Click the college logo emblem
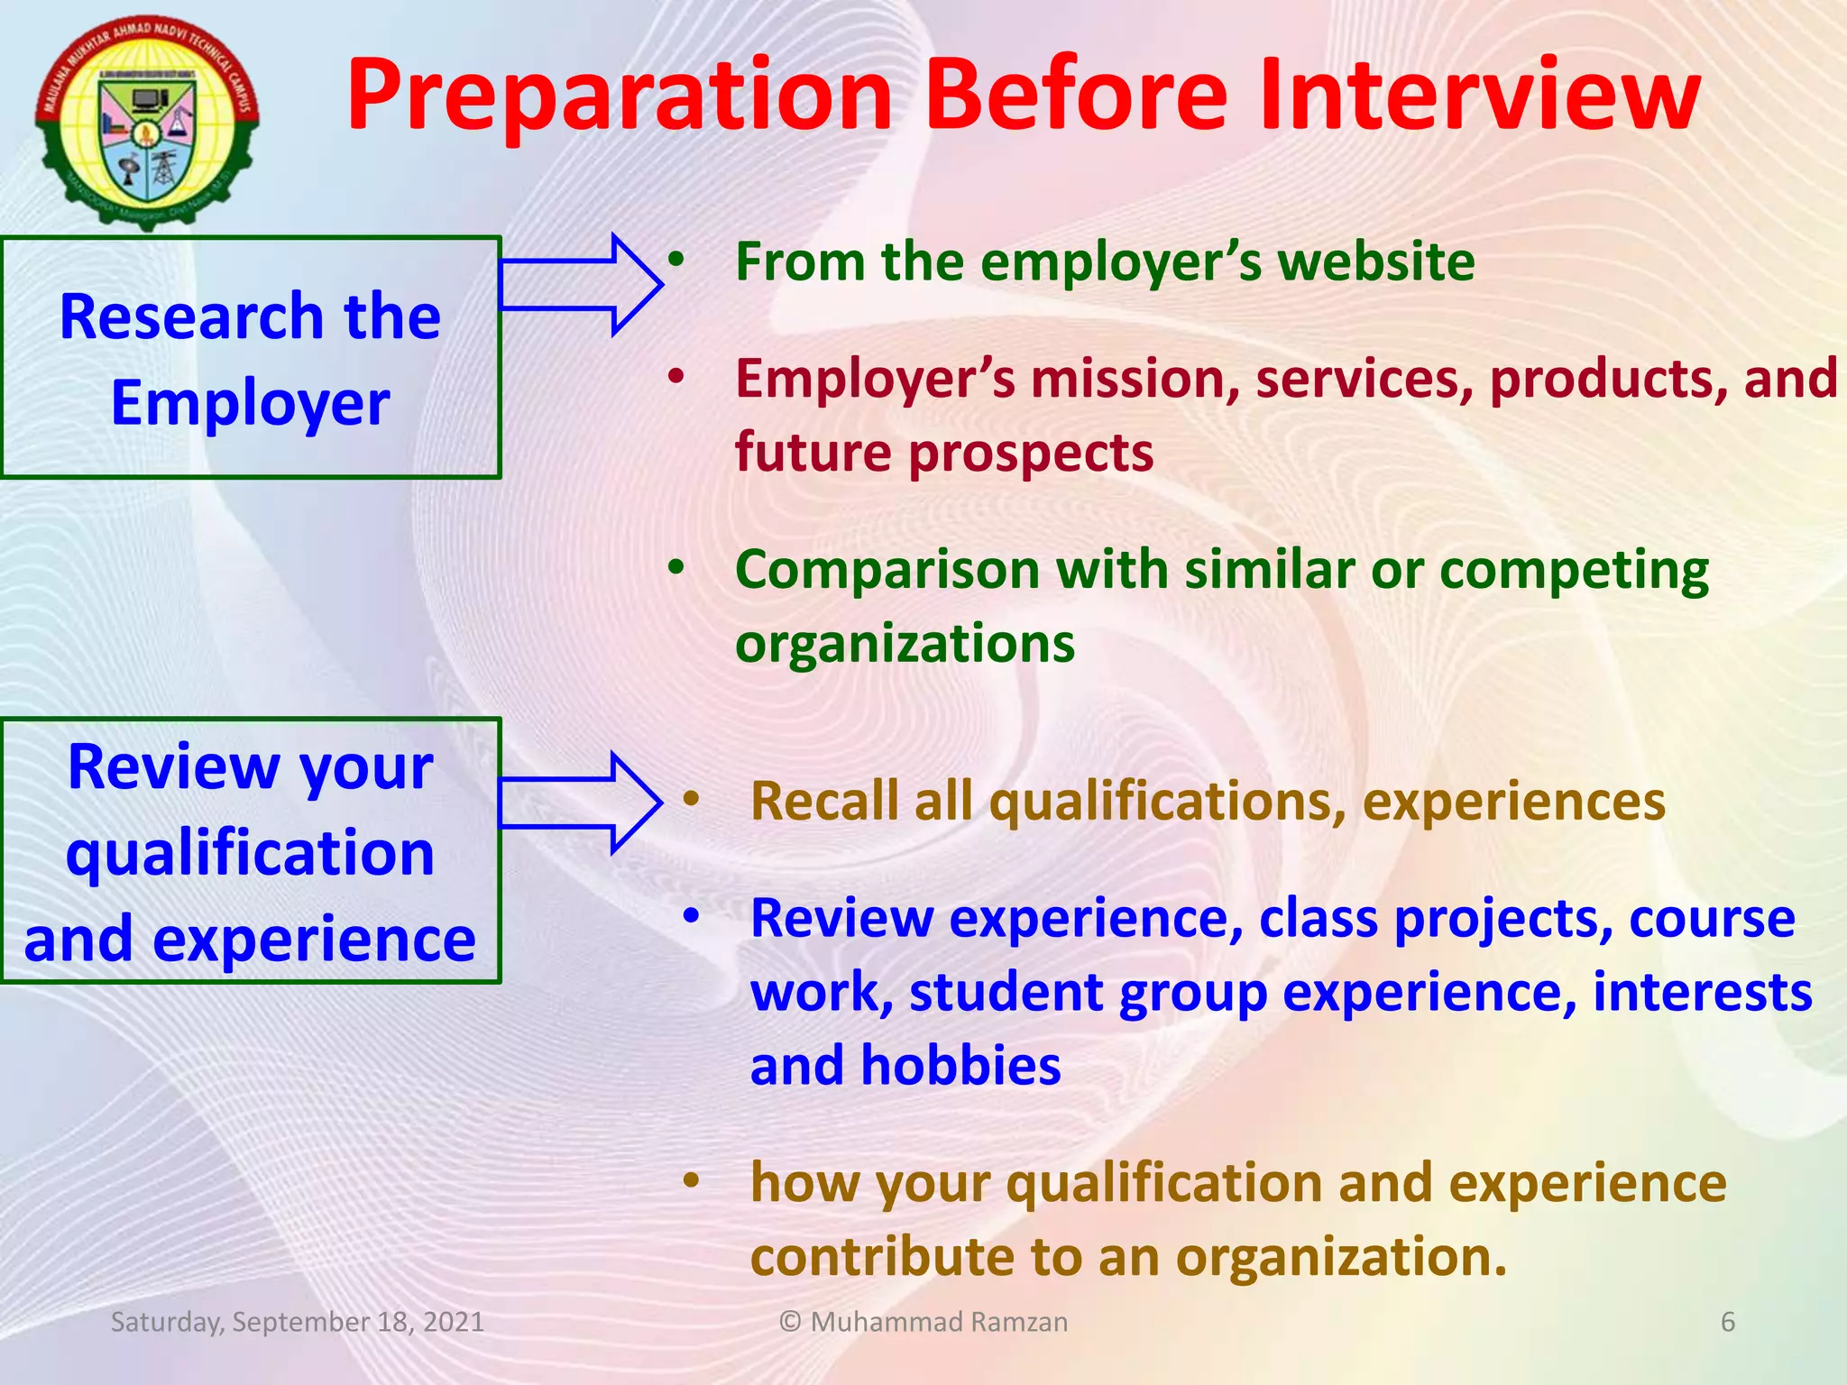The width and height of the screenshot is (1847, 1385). point(147,122)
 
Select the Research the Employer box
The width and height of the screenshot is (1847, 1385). point(250,358)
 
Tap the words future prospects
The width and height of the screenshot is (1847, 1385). point(943,453)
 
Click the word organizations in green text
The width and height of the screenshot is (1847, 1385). point(905,644)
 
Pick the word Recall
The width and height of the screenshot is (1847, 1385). point(824,802)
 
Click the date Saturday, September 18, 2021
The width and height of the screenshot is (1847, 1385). point(298,1322)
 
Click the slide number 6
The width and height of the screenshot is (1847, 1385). point(1727,1322)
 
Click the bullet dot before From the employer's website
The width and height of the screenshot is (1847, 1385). point(676,260)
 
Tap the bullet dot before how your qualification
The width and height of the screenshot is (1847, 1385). point(691,1180)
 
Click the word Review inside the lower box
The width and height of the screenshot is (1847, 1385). point(173,767)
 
